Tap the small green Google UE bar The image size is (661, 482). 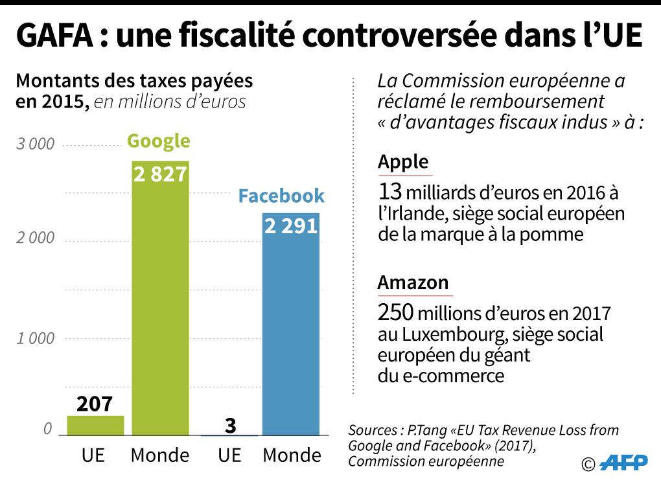95,425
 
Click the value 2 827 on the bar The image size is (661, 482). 160,174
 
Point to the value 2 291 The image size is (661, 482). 291,225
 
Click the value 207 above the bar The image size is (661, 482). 95,404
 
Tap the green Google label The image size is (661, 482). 159,141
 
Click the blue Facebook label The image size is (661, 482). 281,196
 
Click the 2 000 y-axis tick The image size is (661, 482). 36,238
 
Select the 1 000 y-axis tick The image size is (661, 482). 36,338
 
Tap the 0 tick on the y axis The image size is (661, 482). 47,429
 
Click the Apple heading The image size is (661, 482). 403,161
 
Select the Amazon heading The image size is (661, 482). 413,282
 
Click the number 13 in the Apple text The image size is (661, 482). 390,192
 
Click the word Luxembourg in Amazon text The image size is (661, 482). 439,335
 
